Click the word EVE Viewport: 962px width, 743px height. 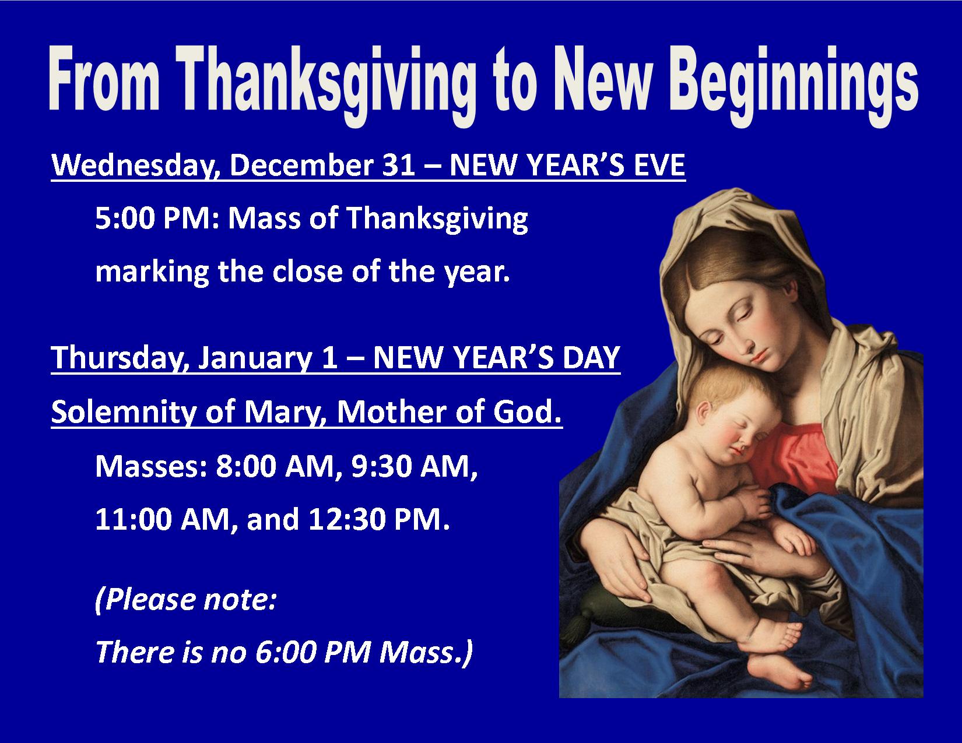click(x=659, y=165)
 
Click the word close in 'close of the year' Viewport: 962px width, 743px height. click(x=307, y=272)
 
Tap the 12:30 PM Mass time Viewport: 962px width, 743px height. click(x=378, y=520)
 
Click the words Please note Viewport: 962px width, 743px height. click(x=186, y=600)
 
